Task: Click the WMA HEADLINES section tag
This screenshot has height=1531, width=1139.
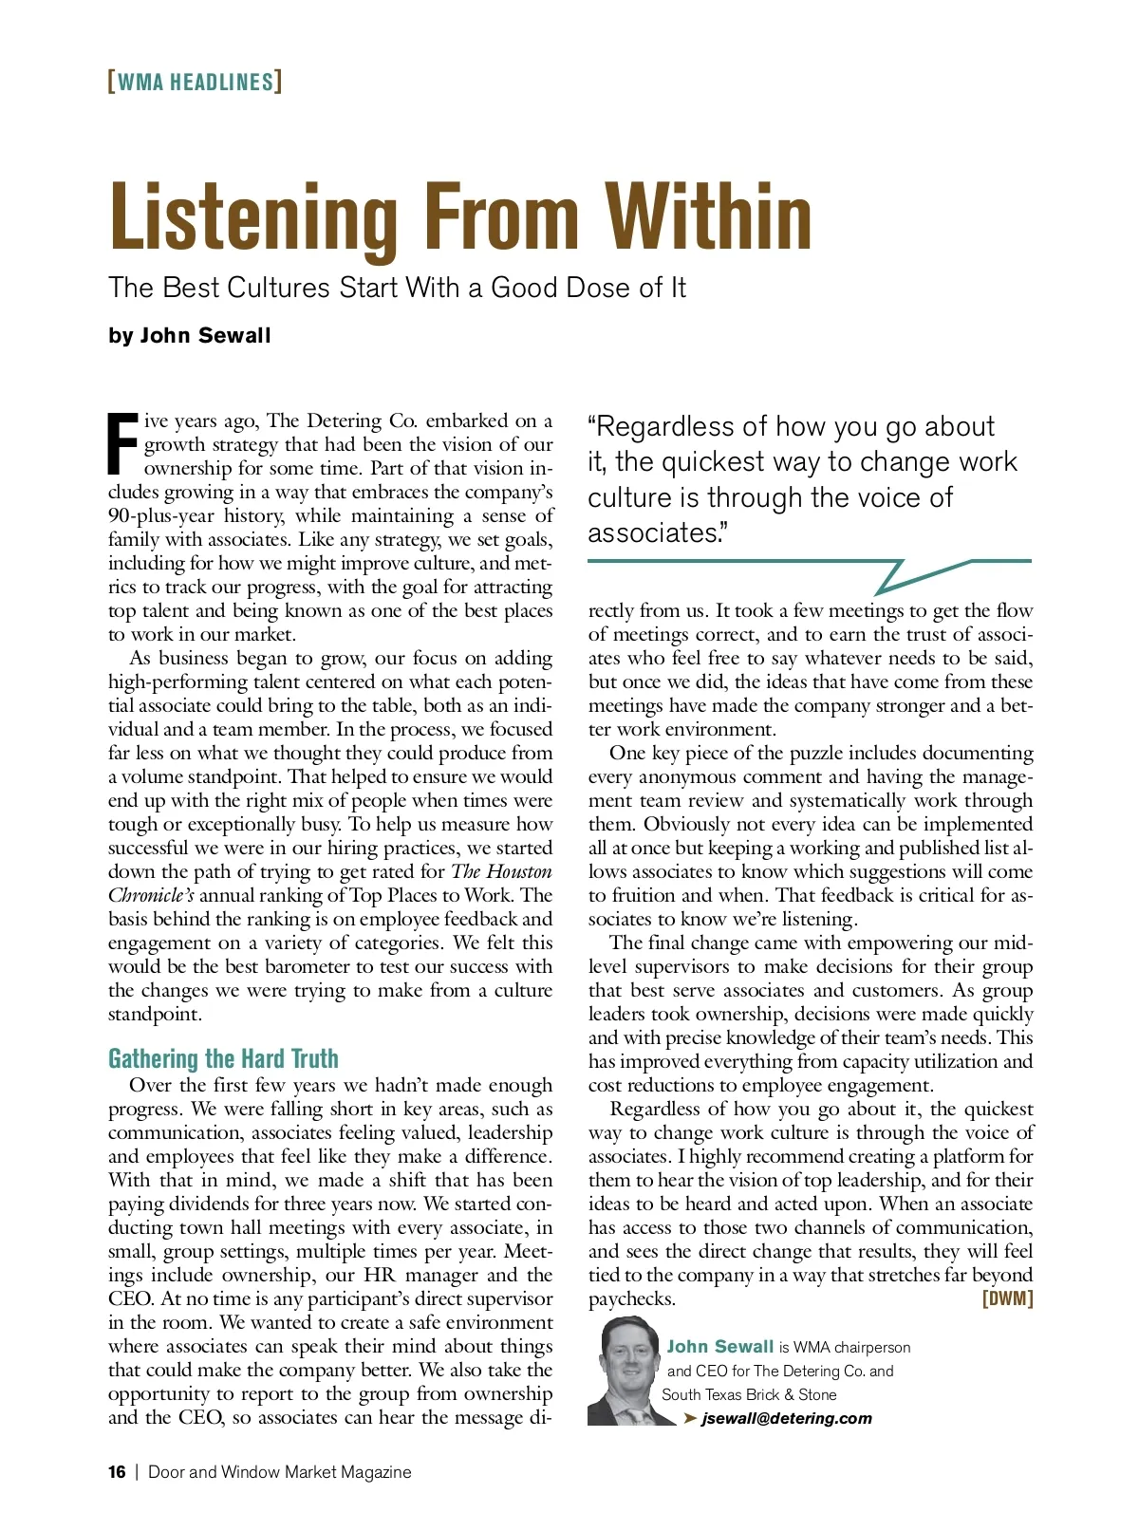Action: point(195,82)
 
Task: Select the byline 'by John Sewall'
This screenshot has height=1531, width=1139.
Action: point(190,336)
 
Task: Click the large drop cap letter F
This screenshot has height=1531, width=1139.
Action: point(123,443)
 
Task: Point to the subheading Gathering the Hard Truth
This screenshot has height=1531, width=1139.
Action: point(223,1058)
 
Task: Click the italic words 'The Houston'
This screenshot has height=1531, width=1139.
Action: point(501,871)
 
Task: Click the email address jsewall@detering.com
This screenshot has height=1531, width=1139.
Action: point(786,1418)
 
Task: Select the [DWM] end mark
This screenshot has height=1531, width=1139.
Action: point(1007,1298)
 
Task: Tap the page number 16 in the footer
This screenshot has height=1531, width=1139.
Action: point(117,1472)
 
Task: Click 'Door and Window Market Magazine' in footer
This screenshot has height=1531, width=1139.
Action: point(280,1472)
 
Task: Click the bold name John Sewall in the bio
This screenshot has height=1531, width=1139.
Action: point(720,1347)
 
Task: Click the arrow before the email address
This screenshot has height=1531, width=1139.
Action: point(690,1418)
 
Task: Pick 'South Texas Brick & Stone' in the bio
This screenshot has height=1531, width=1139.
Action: point(749,1394)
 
